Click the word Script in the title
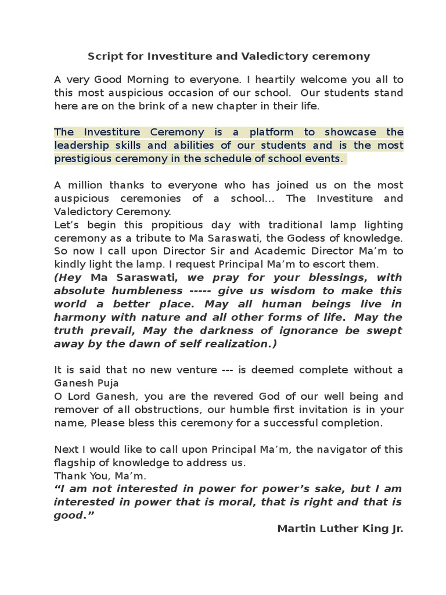(103, 56)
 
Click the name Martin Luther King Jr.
(340, 529)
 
